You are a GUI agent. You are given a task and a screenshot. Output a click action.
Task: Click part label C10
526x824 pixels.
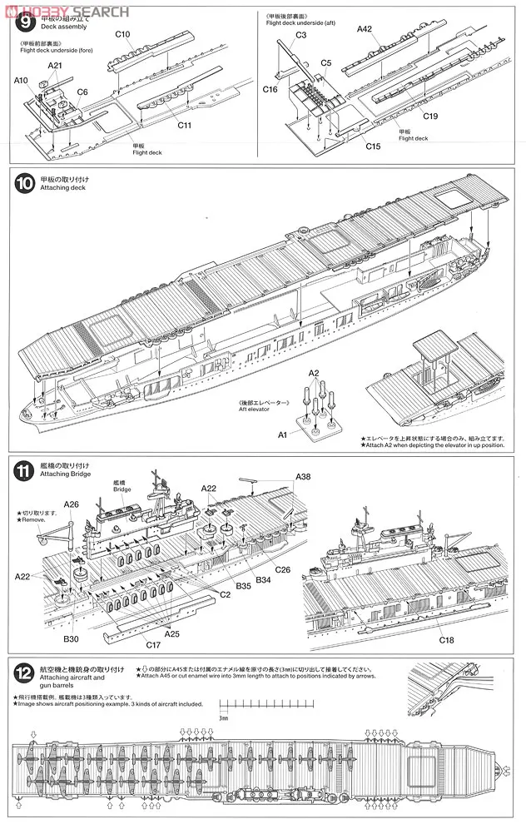[122, 34]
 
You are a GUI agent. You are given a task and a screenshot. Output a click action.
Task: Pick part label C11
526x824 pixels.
[185, 125]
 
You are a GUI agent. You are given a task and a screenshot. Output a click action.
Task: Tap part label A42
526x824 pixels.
[365, 29]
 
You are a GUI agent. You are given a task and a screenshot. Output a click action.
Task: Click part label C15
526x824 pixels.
[373, 146]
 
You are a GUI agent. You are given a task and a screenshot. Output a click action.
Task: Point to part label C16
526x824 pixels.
[270, 89]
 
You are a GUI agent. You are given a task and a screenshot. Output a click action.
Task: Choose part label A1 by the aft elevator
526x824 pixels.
[282, 434]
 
